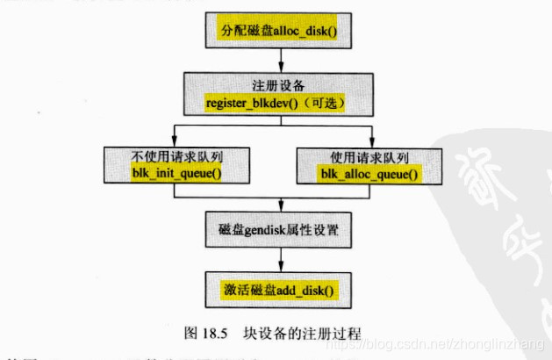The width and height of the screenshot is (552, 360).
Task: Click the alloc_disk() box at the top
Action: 278,31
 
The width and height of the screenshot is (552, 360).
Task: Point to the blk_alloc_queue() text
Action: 369,175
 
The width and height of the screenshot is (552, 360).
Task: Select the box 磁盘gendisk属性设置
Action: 279,230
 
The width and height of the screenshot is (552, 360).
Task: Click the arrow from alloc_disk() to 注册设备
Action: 280,60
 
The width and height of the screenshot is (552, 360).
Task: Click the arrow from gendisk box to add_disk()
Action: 280,259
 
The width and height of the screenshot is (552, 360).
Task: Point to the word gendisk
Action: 268,230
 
